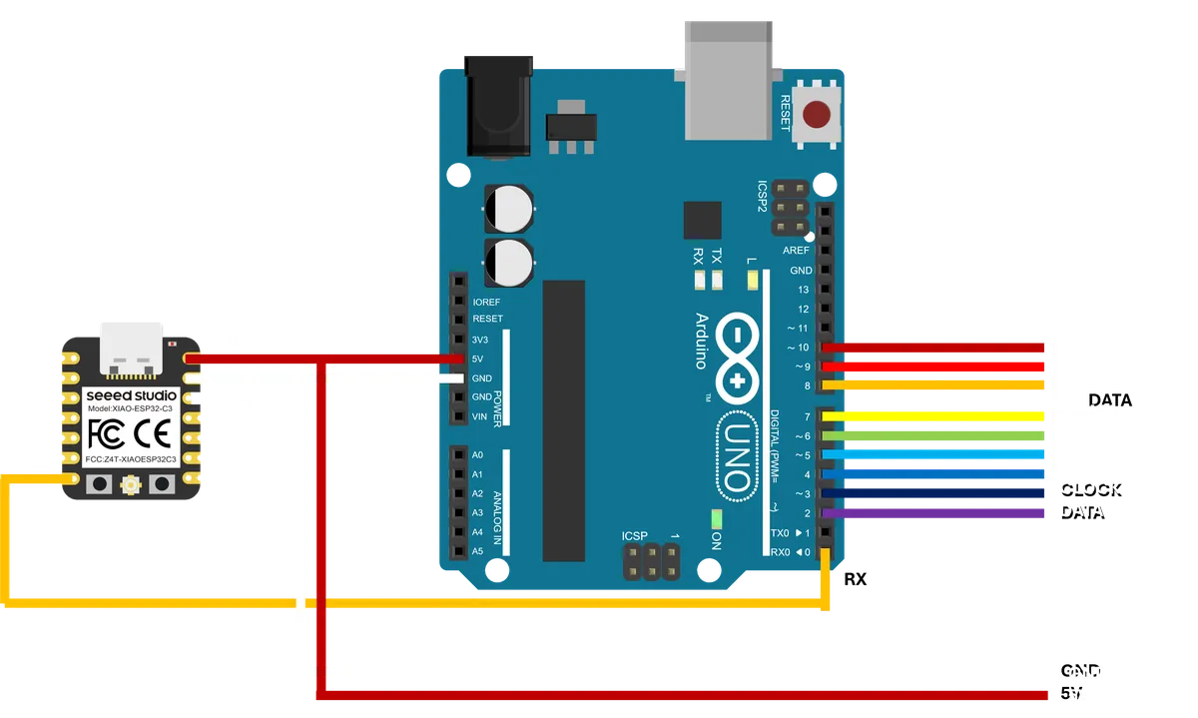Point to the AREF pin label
coord(797,251)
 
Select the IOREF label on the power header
coord(486,301)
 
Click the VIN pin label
coord(480,416)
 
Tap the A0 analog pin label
coord(477,455)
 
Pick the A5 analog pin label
coord(477,551)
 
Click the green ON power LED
coord(715,519)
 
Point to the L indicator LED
coord(752,280)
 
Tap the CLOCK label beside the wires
coord(1091,488)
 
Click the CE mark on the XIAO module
coord(158,433)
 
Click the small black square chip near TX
coord(702,219)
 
